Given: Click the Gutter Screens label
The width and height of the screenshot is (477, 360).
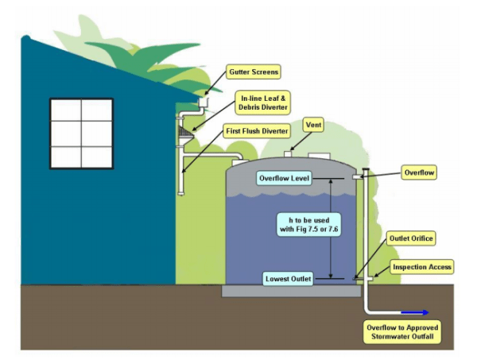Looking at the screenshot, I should [x=252, y=72].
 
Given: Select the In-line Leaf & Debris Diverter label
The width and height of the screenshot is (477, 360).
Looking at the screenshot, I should [x=263, y=102].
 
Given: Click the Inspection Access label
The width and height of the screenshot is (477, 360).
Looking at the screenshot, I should [x=422, y=267].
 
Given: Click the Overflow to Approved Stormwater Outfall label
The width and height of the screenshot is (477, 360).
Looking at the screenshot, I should [x=401, y=332].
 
